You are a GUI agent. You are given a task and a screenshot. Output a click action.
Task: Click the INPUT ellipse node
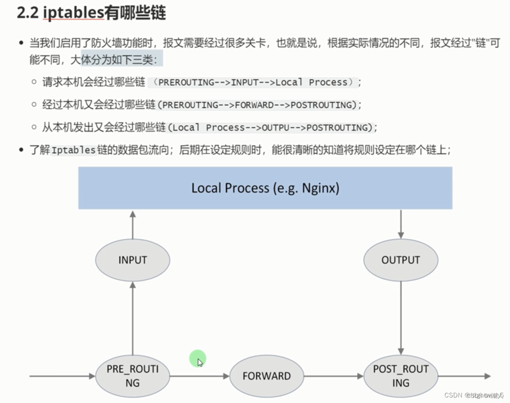point(132,260)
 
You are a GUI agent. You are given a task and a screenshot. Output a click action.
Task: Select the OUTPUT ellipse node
point(400,260)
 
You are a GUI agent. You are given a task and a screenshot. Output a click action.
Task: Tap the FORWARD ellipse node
point(266,376)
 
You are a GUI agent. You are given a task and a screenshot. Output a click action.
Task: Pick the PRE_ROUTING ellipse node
point(132,376)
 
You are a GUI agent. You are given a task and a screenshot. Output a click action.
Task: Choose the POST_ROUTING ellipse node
point(400,376)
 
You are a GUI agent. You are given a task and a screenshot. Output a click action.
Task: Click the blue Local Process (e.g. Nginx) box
point(265,188)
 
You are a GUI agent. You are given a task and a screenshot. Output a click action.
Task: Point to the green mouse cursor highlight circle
point(198,358)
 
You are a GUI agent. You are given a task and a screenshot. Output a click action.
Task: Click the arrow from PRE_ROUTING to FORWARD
point(200,376)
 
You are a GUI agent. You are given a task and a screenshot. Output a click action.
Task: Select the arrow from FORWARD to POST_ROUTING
point(333,376)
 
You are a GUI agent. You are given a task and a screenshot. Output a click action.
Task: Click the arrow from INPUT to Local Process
point(133,224)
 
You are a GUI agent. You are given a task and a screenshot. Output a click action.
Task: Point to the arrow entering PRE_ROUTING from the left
point(62,376)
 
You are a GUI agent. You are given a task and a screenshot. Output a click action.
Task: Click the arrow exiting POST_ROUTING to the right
point(464,376)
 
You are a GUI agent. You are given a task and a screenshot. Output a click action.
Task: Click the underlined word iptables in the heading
point(73,13)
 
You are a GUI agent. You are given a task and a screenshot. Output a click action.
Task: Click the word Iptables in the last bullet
point(74,150)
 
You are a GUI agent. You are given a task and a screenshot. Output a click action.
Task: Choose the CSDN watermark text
point(454,395)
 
